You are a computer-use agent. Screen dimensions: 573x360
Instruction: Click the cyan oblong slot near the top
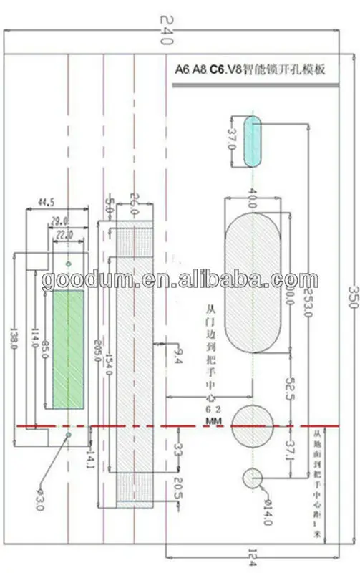click(251, 140)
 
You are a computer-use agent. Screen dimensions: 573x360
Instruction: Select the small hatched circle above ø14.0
click(253, 477)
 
